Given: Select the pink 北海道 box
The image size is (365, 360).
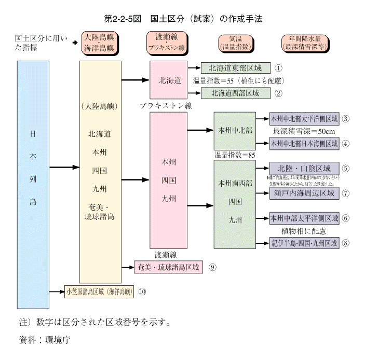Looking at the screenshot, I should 168,80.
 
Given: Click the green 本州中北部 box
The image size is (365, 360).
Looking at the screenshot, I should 235,131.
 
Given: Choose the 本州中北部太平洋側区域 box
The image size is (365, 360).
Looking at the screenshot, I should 304,118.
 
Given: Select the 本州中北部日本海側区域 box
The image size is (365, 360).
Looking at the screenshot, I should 304,143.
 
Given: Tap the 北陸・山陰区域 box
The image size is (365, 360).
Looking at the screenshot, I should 304,169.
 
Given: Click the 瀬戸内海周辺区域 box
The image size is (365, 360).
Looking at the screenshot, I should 304,193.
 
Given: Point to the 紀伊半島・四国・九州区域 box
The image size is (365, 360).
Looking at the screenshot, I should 304,242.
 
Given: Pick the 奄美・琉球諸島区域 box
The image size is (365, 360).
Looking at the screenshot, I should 169,267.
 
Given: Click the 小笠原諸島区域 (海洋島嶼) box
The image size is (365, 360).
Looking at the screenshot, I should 99,292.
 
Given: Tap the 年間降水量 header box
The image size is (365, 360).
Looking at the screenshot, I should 302,42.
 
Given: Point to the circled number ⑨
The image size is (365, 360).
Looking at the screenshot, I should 212,267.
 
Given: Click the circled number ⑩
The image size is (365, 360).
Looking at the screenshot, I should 142,292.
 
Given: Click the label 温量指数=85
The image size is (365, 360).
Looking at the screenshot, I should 235,155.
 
